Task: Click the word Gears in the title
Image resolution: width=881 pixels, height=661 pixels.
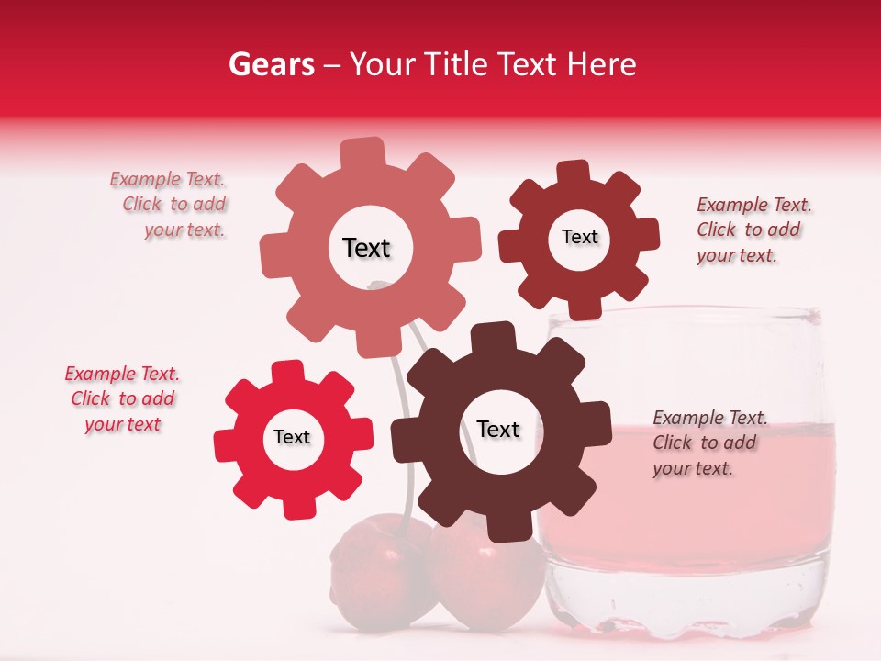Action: (271, 64)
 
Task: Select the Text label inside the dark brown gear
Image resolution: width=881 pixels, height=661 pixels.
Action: (498, 430)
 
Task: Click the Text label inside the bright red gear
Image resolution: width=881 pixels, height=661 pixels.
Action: (292, 438)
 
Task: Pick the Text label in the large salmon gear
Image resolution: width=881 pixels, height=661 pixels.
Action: (366, 249)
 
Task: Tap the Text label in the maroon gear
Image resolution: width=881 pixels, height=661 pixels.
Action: (579, 238)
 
